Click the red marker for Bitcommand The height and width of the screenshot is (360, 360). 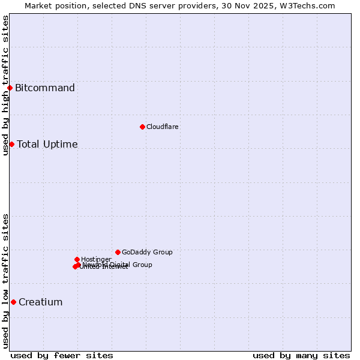(10, 88)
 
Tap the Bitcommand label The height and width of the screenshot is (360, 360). (45, 88)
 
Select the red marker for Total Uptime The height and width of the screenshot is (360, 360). (11, 144)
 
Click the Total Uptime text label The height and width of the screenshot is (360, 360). (47, 144)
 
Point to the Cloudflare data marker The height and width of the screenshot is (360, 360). (142, 127)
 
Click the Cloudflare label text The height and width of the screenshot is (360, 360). (163, 127)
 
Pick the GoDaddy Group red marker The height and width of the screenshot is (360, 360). (118, 252)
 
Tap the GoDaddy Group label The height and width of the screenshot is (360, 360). (147, 252)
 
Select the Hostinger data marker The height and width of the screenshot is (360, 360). (77, 259)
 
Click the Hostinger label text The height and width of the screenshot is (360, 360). (96, 259)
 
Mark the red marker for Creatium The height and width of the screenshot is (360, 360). (13, 302)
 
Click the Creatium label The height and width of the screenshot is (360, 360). (40, 302)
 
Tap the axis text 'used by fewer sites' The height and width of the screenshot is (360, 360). (62, 355)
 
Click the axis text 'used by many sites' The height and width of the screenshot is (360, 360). (301, 355)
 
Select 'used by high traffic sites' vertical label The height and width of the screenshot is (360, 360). (5, 85)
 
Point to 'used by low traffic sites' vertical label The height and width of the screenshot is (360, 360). (5, 281)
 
